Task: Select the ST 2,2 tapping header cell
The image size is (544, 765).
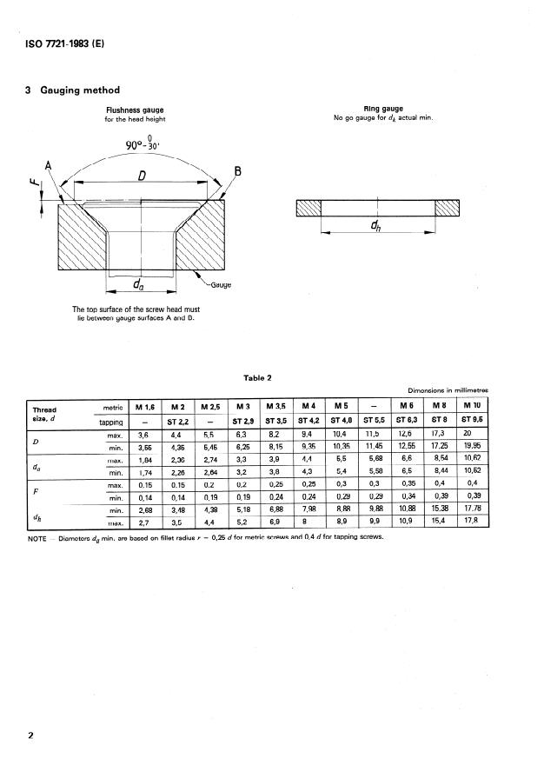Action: point(178,422)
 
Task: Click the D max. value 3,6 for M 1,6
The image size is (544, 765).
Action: point(144,434)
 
